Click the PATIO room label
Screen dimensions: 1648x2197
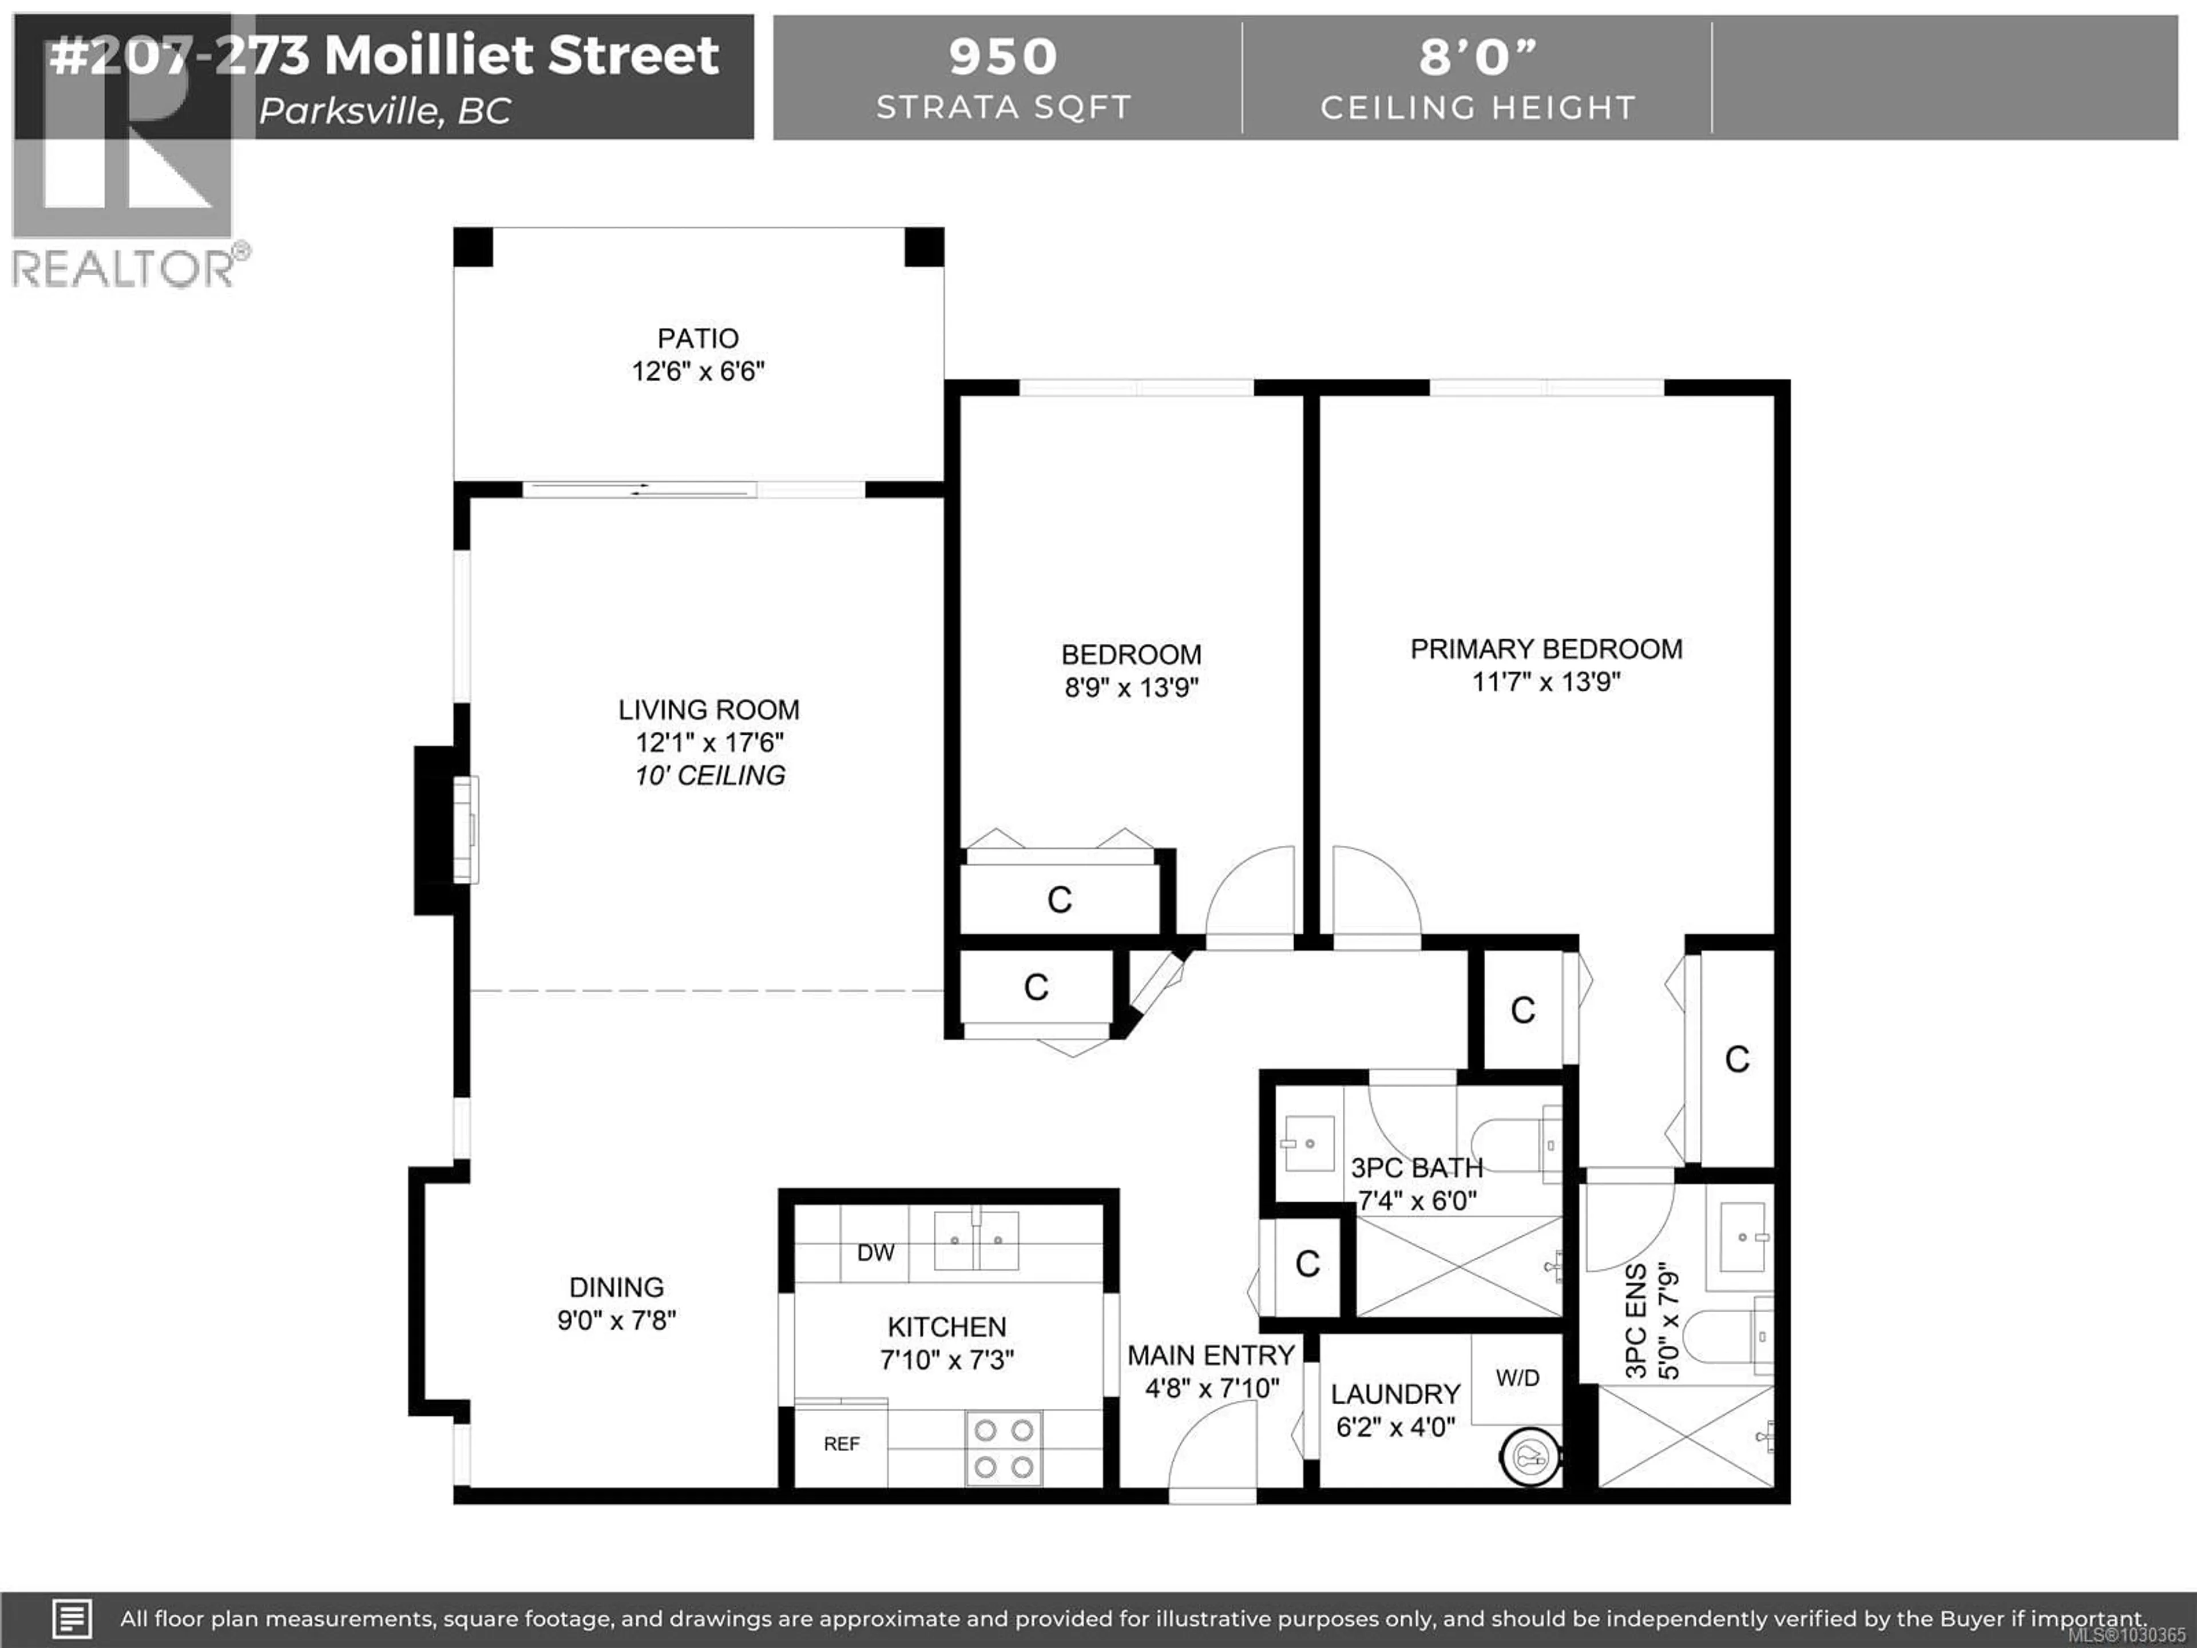coord(697,339)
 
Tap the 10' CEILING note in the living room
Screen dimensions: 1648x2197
coord(710,776)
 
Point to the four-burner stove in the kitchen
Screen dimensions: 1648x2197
coord(1003,1448)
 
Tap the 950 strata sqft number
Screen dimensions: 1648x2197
coord(1003,57)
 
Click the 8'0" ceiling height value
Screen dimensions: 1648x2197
coord(1477,57)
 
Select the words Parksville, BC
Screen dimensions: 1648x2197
coord(386,111)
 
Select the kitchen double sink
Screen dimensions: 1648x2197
coord(975,1241)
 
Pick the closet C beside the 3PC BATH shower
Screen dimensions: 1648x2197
coord(1307,1263)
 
